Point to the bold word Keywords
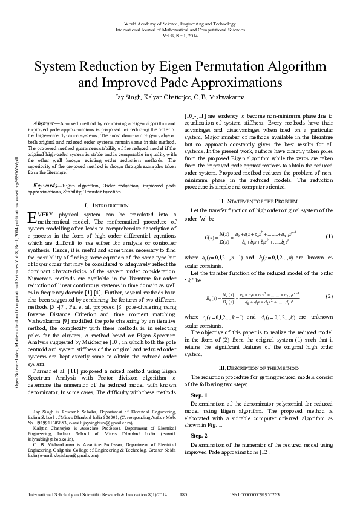[46, 184]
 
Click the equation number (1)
[329, 236]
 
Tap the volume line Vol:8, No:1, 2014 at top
[180, 36]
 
